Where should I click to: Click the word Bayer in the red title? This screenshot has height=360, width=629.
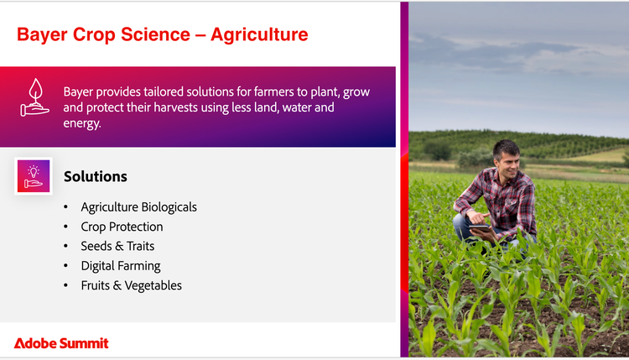[x=42, y=35]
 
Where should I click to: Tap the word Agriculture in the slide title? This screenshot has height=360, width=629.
[x=259, y=35]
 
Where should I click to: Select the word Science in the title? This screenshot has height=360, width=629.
[x=156, y=34]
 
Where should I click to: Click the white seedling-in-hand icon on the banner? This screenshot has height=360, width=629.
[x=35, y=97]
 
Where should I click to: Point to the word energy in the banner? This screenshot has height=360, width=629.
[x=82, y=123]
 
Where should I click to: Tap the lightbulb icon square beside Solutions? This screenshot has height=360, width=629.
[x=34, y=176]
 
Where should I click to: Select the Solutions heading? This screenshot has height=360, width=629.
[x=96, y=176]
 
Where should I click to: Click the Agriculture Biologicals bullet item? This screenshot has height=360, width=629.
[x=138, y=207]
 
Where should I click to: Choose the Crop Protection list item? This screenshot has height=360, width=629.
[x=122, y=227]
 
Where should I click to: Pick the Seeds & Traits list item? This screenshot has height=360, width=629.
[x=117, y=246]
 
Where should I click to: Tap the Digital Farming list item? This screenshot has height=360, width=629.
[x=121, y=266]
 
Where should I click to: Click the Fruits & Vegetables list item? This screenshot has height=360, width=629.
[x=131, y=285]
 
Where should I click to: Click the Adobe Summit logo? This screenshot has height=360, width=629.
[x=61, y=343]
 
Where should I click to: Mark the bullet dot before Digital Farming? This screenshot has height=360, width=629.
[x=65, y=266]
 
